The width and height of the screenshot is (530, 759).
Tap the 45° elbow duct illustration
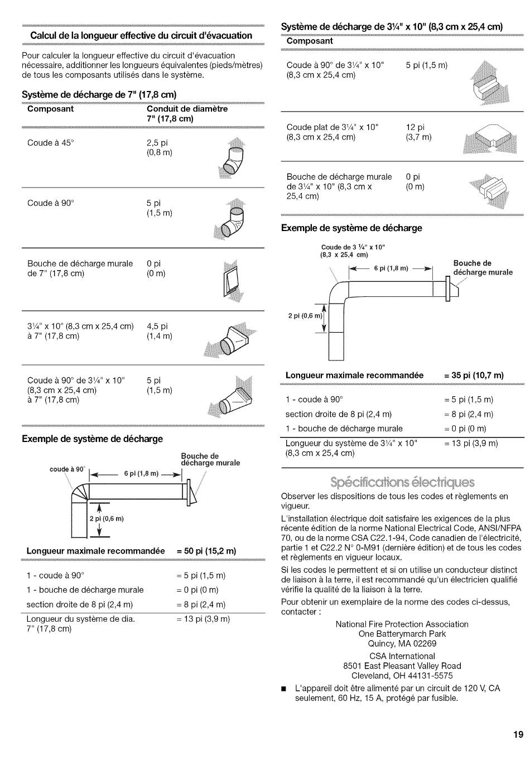pos(233,159)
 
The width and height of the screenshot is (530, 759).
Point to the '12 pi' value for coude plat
pos(415,127)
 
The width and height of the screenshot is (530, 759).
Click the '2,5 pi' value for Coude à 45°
pos(157,143)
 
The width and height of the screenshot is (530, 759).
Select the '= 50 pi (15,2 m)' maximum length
pos(206,551)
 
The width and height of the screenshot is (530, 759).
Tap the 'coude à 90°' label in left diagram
pos(67,469)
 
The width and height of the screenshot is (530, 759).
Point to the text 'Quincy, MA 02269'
pos(402,643)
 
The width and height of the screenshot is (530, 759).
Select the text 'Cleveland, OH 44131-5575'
pos(402,675)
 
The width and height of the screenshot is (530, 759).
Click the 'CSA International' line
pos(402,656)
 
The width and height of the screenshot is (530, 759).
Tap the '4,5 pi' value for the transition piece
pos(157,326)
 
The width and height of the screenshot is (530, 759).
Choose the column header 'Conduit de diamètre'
pos(187,109)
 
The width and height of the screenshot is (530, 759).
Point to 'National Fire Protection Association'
pos(402,624)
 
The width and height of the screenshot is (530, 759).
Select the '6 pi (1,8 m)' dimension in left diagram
pos(141,474)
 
